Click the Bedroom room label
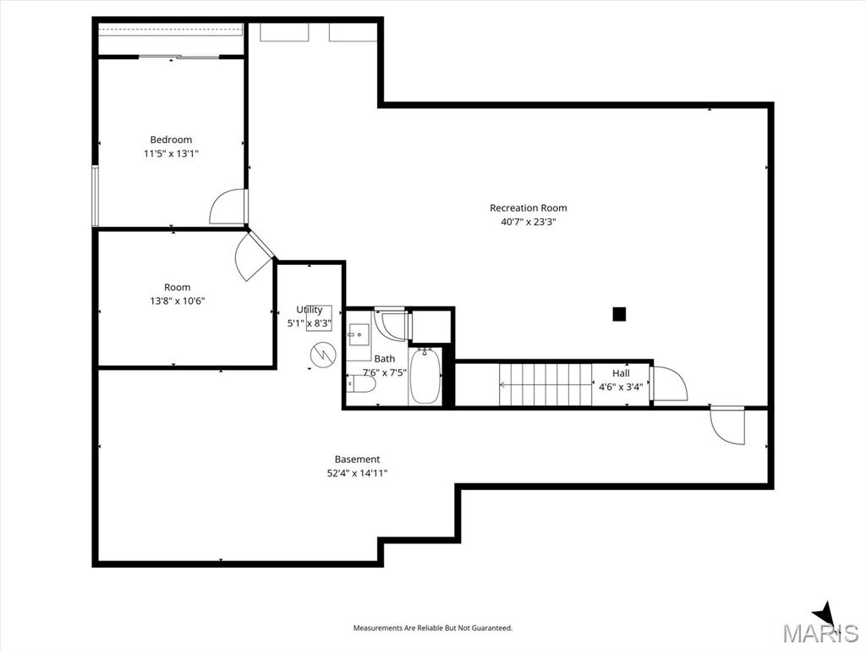[171, 140]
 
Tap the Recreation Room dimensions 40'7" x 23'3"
[528, 223]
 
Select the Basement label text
[358, 460]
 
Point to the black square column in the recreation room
[619, 314]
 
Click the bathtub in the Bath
[425, 376]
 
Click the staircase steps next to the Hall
[545, 384]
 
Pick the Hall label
[621, 373]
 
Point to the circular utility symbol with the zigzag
[322, 355]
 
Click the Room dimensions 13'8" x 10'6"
[178, 301]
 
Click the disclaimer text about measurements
[433, 628]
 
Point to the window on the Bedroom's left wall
[95, 196]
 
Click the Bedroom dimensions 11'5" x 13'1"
[171, 154]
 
